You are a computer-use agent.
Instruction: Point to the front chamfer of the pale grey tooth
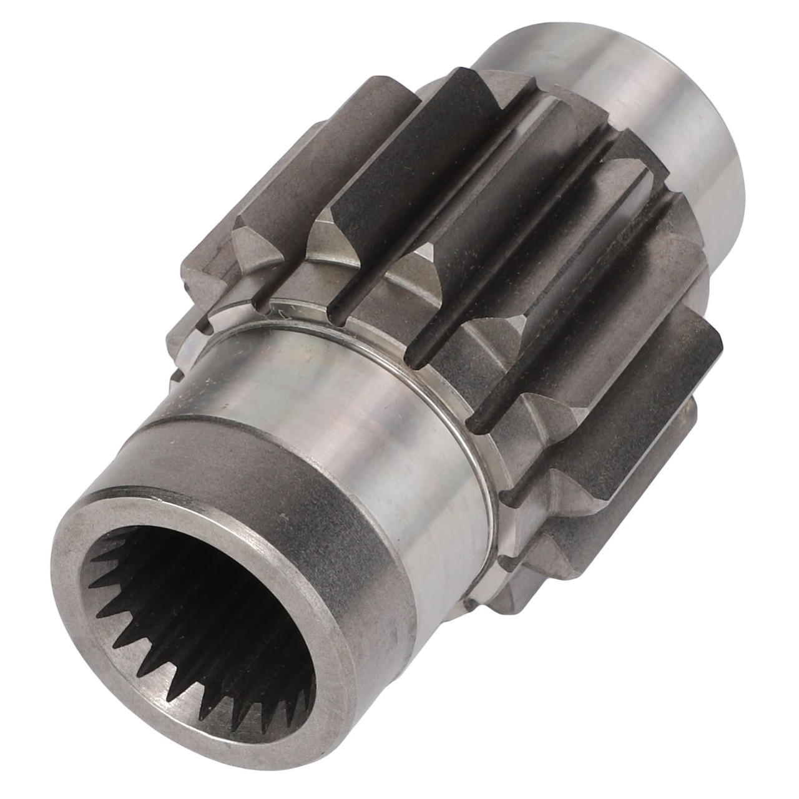pyautogui.click(x=253, y=240)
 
